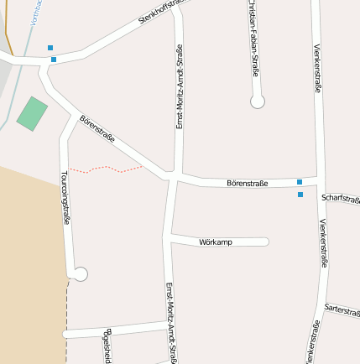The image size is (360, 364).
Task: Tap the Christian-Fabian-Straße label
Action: [x=252, y=38]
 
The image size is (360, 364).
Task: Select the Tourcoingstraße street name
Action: [x=65, y=198]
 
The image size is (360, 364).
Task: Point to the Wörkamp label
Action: [x=216, y=242]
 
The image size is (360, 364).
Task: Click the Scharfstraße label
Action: [x=341, y=199]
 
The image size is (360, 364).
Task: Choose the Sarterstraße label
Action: [x=342, y=309]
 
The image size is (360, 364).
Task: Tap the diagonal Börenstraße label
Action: [x=97, y=129]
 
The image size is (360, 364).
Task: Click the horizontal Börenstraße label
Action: [x=247, y=183]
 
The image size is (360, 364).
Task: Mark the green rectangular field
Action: [x=32, y=113]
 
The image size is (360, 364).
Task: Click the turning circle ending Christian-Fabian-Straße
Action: [x=258, y=101]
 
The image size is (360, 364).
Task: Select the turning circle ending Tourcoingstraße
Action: [x=81, y=274]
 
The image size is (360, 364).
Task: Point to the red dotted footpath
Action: [x=106, y=169]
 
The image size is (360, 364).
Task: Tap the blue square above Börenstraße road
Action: [x=300, y=181]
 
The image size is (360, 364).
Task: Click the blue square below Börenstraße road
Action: [x=300, y=195]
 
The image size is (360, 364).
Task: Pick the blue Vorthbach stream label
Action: [x=34, y=12]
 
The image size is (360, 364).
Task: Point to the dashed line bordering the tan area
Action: [x=66, y=319]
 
